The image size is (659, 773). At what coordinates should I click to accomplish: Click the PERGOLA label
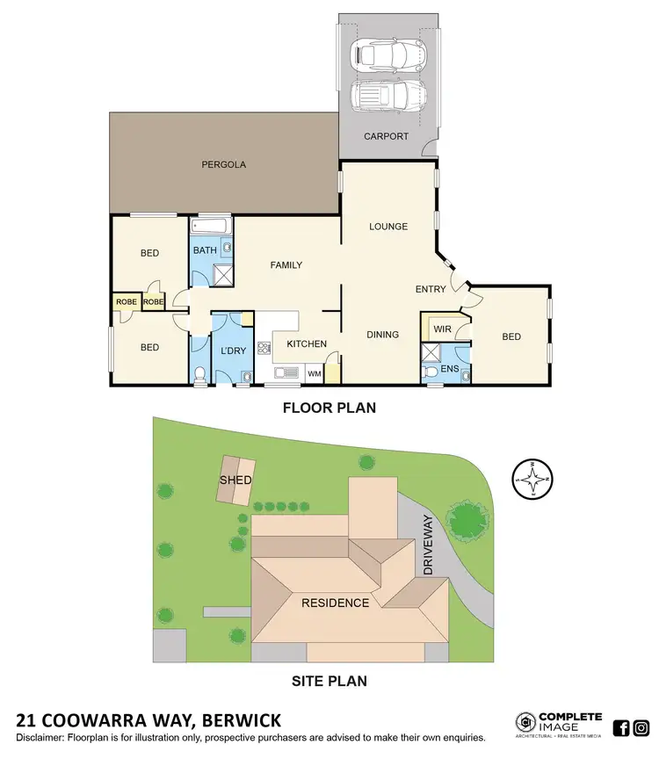tap(223, 164)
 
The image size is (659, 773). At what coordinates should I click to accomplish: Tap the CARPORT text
tap(386, 136)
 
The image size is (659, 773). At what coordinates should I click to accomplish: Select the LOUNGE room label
tap(387, 227)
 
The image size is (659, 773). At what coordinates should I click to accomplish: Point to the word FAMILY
tap(286, 265)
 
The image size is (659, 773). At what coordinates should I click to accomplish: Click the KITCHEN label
tap(307, 343)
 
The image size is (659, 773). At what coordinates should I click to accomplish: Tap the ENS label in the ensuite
tap(450, 370)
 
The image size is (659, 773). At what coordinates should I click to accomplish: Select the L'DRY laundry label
tap(233, 351)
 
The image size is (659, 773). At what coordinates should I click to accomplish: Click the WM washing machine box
tap(314, 374)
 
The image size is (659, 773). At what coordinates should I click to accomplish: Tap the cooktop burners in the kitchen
tap(263, 349)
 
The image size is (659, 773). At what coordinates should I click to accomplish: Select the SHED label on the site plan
tap(235, 480)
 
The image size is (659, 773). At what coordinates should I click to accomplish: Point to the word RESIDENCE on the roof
tap(336, 603)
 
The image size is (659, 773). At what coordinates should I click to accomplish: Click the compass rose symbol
tap(531, 480)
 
